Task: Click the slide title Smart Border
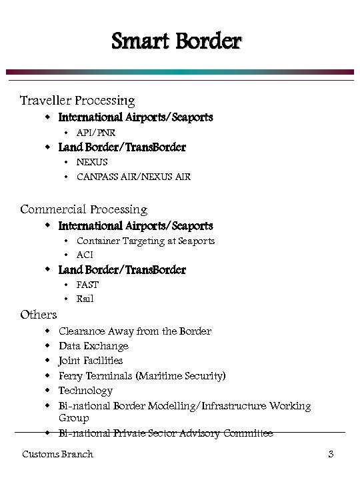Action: tap(176, 42)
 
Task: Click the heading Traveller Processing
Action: tap(77, 101)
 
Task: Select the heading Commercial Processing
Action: tap(83, 209)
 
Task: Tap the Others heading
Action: tap(39, 315)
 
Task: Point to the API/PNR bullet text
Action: tap(96, 133)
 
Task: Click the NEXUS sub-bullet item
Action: tap(92, 162)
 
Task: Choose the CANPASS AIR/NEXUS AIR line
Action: tap(133, 177)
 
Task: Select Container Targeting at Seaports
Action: tap(145, 241)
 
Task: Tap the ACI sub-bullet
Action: tap(85, 255)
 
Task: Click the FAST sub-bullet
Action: tap(87, 285)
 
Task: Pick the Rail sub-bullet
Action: tap(85, 299)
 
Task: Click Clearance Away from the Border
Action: tap(135, 331)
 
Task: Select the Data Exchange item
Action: tap(93, 346)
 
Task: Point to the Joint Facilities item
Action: tap(91, 361)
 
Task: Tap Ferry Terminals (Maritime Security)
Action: tap(142, 376)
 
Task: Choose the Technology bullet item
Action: tap(85, 391)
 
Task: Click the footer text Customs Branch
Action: tap(57, 455)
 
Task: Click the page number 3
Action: tap(330, 455)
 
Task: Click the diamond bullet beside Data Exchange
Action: tap(47, 346)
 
